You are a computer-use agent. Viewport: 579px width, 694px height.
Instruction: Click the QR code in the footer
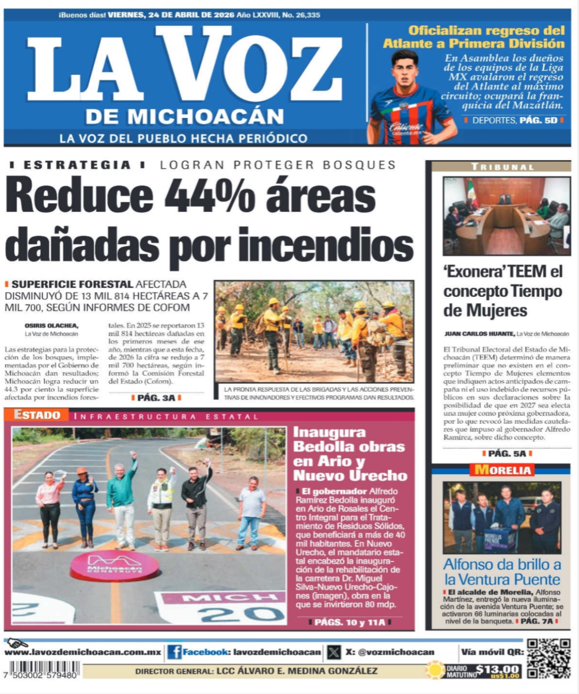tap(548, 658)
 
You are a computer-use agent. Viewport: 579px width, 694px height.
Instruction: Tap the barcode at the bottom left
tap(41, 669)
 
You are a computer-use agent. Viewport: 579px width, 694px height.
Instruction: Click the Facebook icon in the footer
tap(174, 652)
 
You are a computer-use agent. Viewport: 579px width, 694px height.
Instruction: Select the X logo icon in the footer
tap(333, 652)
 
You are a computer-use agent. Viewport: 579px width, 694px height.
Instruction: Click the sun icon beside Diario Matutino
tap(435, 670)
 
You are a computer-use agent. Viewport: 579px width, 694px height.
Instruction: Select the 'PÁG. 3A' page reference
tap(156, 398)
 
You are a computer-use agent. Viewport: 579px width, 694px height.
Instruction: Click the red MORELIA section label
tap(502, 470)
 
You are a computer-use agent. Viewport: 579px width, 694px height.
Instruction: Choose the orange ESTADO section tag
tap(37, 415)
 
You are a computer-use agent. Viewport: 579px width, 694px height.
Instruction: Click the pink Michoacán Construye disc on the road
tap(114, 565)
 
